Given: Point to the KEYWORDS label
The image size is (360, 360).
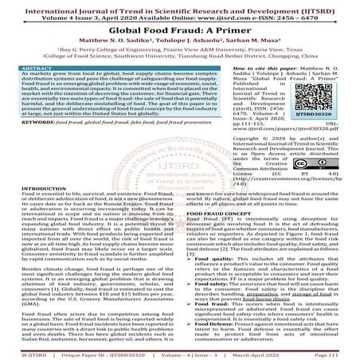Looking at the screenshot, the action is [24, 124].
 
